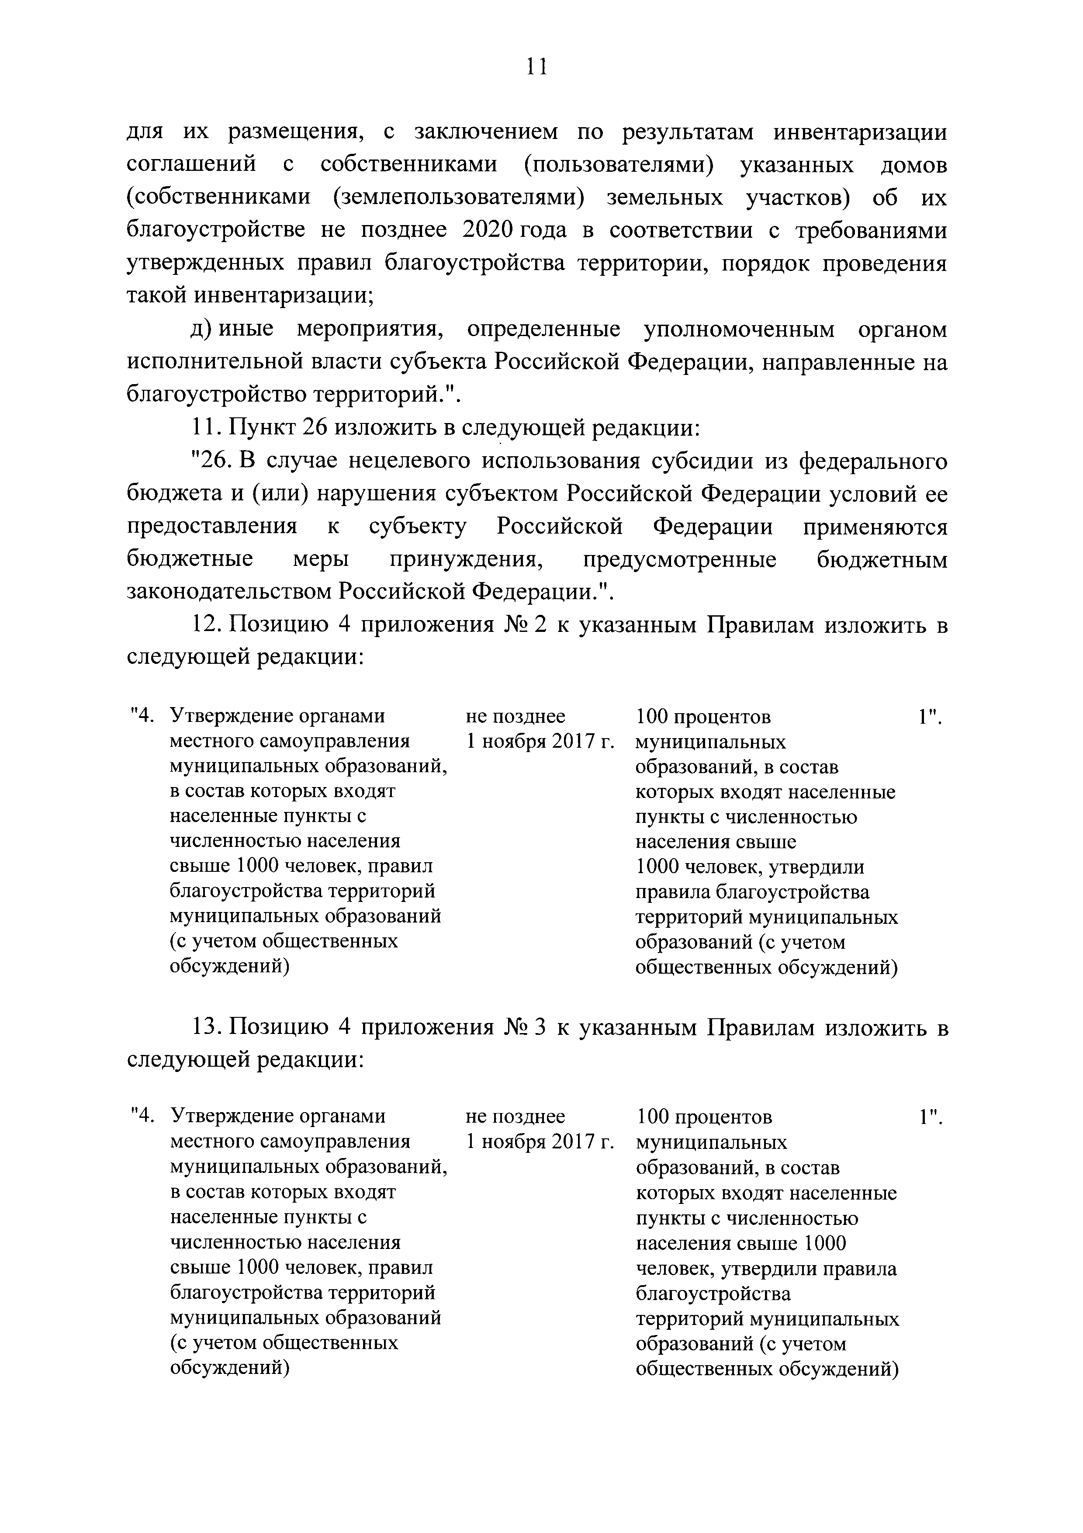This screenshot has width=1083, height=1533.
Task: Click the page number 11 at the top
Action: pyautogui.click(x=536, y=67)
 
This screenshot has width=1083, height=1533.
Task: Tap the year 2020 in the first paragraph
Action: pyautogui.click(x=486, y=230)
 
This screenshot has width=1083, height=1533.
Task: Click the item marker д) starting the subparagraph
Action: pyautogui.click(x=201, y=330)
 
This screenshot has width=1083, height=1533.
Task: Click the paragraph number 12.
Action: pyautogui.click(x=205, y=625)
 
